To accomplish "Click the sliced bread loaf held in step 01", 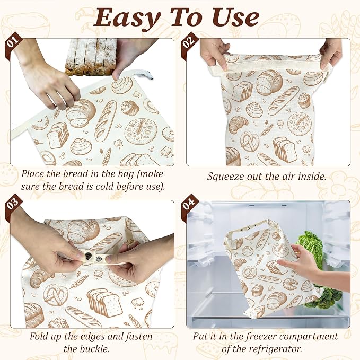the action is tap(91, 56).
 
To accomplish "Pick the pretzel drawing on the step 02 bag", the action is tap(249, 142).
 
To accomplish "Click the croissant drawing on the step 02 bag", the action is tap(238, 125).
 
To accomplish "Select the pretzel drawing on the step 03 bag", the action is tap(56, 294).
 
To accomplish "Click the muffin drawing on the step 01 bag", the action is tap(130, 108).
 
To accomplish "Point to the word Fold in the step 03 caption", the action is tap(38, 337).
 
